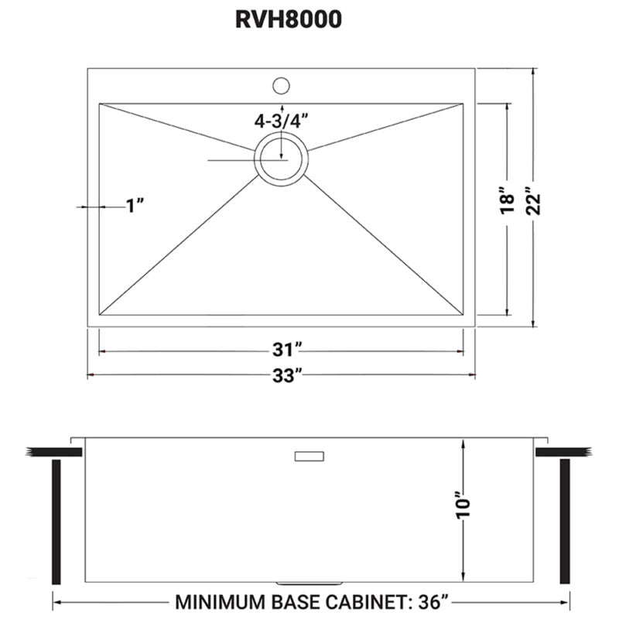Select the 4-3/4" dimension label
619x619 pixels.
282,121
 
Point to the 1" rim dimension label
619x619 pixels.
135,206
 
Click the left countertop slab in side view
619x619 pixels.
48,451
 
